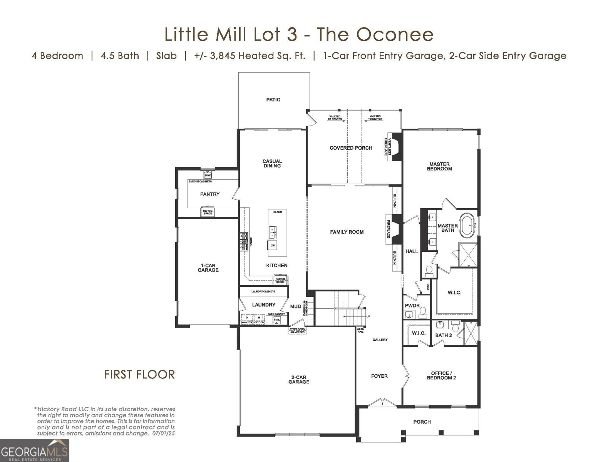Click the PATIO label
pos(273,100)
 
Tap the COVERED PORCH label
pos(351,148)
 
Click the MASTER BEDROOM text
pos(439,166)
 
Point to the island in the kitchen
pos(278,233)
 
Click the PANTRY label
pos(210,194)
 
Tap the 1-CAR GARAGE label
pos(208,268)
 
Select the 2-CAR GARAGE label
pos(299,380)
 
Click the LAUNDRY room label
pos(264,305)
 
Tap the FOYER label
pos(379,376)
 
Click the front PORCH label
pos(422,422)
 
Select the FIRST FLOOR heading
pos(139,374)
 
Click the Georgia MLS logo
pos(35,450)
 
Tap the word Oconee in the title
pos(395,34)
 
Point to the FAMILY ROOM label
pos(347,232)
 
